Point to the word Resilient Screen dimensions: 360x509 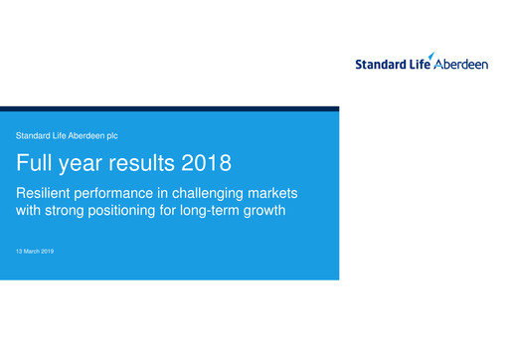pos(46,191)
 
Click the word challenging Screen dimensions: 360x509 pos(215,192)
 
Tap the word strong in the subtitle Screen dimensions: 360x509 pos(73,211)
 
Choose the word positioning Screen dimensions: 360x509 pos(140,211)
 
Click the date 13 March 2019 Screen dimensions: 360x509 pos(35,252)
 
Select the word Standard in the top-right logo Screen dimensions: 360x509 pos(380,65)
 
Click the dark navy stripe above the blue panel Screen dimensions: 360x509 pos(169,109)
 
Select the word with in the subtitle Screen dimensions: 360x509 pos(29,211)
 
